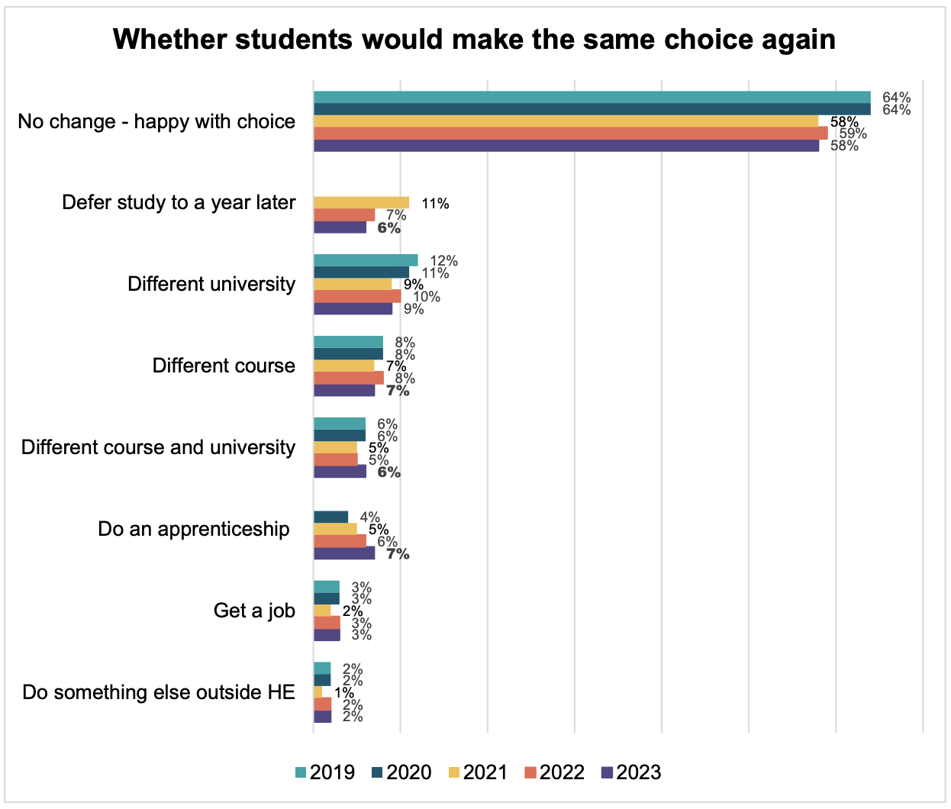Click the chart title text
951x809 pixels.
[474, 40]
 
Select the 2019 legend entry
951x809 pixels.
[324, 772]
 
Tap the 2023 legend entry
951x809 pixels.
[630, 772]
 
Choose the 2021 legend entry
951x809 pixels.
[477, 772]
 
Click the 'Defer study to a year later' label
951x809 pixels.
[179, 202]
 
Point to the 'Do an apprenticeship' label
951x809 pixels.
[194, 529]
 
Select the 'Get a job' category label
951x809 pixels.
[254, 611]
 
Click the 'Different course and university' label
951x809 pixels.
[158, 447]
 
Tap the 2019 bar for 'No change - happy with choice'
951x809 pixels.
[592, 97]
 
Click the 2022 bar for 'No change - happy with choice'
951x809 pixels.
[570, 134]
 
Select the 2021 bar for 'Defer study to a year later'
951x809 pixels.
[361, 203]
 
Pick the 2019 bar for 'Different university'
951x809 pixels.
[366, 260]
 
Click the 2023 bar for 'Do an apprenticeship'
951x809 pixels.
[344, 553]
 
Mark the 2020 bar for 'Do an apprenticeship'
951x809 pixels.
[330, 517]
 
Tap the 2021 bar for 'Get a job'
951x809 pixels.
[322, 611]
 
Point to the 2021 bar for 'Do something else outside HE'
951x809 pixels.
[318, 692]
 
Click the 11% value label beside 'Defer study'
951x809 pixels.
[435, 204]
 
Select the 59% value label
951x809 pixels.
[853, 134]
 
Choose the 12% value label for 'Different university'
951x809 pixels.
[443, 261]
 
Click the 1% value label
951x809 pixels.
[344, 693]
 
